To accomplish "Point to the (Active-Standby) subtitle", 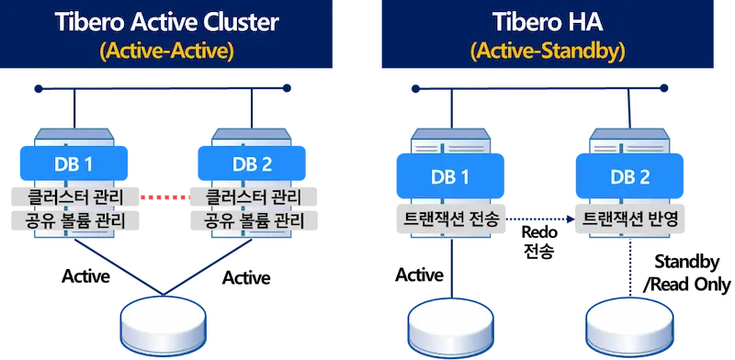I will pyautogui.click(x=548, y=51).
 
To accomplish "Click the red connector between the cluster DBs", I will pyautogui.click(x=163, y=197).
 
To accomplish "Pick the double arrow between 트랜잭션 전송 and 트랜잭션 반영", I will pyautogui.click(x=542, y=219).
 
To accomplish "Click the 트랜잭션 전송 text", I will pyautogui.click(x=448, y=219).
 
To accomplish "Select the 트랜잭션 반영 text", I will pyautogui.click(x=632, y=219).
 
